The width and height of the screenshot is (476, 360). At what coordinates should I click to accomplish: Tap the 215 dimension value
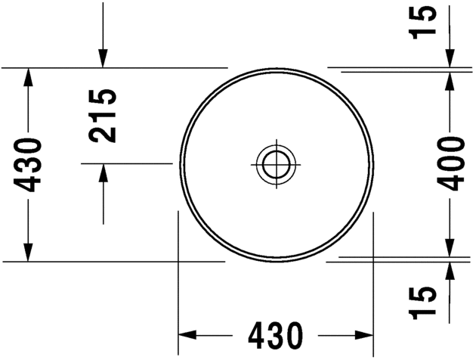102,115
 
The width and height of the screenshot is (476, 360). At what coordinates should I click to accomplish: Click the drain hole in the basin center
277,163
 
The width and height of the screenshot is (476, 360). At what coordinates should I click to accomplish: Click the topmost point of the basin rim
277,67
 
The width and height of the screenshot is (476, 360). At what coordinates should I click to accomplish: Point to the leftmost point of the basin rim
180,163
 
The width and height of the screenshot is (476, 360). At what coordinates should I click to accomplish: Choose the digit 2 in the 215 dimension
102,133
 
